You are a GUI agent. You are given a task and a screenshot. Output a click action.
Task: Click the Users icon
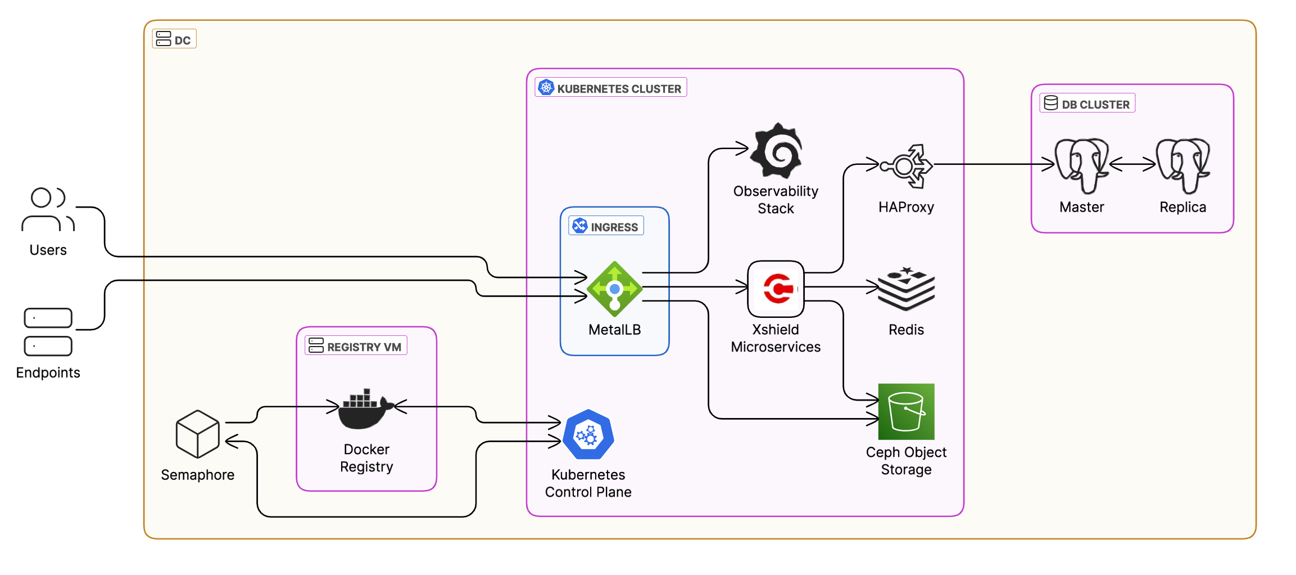(48, 210)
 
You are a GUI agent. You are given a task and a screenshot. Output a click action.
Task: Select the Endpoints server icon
(48, 332)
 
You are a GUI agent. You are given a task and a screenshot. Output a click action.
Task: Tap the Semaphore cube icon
(197, 434)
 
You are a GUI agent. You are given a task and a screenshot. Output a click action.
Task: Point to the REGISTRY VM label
(356, 346)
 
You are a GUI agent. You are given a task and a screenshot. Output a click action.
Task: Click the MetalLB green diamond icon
(614, 289)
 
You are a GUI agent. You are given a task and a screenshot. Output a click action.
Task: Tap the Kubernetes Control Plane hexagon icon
(588, 435)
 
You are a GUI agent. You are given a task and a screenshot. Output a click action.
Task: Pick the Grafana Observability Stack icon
(776, 151)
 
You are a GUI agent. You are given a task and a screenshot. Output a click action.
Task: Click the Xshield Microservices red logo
(776, 289)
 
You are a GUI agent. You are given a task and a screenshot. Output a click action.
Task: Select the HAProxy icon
(906, 165)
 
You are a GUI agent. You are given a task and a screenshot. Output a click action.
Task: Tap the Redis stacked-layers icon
(906, 289)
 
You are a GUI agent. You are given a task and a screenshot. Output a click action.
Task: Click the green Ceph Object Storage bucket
(906, 411)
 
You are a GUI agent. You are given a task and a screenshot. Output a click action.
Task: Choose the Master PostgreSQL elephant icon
(1081, 165)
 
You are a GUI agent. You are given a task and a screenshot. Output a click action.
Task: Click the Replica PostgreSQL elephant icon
(1182, 165)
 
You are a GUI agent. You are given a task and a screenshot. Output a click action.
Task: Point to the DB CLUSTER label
(1087, 104)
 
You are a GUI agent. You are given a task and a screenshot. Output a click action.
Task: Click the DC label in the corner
(174, 39)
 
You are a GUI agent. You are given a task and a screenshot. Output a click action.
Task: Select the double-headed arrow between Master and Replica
(1132, 164)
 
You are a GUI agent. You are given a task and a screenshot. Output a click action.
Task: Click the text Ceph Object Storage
(906, 461)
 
